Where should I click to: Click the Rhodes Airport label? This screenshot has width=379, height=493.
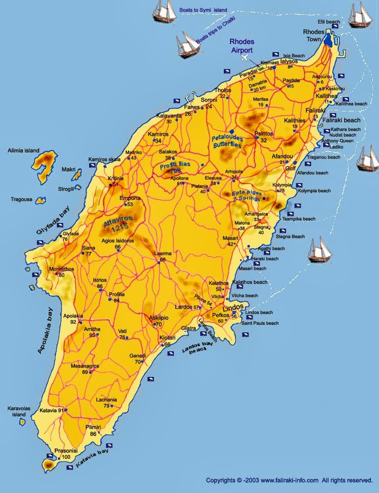point(241,46)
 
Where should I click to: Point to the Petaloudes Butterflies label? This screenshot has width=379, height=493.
point(228,141)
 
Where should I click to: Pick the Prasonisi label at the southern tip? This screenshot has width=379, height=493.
point(66,451)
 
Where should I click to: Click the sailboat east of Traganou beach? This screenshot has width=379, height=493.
point(368,159)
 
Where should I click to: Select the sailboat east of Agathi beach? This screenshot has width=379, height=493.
point(320,250)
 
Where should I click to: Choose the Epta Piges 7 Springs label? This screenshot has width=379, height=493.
point(247,195)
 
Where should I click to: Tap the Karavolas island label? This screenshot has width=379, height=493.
point(20,412)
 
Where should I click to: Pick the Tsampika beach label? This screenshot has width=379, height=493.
point(299,219)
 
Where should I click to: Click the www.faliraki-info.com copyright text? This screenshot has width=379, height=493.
point(289,480)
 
